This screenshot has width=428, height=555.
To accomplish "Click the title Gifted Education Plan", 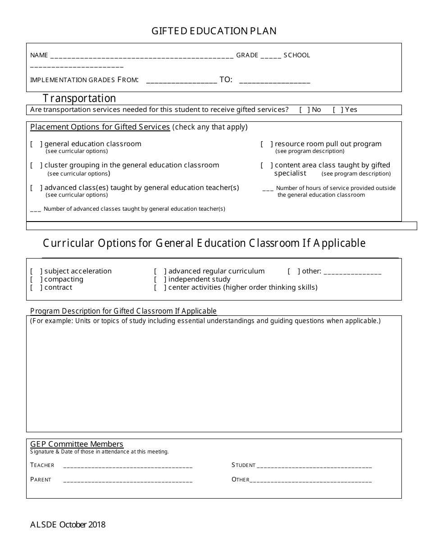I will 214,31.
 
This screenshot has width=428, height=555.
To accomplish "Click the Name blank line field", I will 142,56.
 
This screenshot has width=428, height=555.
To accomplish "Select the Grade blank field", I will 271,56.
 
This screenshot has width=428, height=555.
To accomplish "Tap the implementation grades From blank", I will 182,81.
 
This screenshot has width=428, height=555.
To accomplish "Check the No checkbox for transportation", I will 305,110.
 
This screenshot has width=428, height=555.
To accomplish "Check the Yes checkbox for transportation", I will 338,110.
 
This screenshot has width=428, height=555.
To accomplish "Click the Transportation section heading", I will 79,98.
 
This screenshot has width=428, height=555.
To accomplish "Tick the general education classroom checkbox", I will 36,144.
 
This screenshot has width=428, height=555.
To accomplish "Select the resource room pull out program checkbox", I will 267,144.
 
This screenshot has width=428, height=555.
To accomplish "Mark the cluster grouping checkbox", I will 36,165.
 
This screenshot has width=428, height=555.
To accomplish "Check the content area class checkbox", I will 267,165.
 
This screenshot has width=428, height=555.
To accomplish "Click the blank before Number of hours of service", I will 268,189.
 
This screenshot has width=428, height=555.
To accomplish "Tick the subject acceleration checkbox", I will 36,271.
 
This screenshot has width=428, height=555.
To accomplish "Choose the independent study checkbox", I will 160,279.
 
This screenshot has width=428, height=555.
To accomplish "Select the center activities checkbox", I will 160,287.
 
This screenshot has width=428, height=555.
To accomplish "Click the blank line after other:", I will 352,272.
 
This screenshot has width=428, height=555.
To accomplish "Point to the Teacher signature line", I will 128,466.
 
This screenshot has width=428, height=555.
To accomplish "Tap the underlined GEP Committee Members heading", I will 77,444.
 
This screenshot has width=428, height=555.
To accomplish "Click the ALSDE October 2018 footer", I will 68,525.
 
